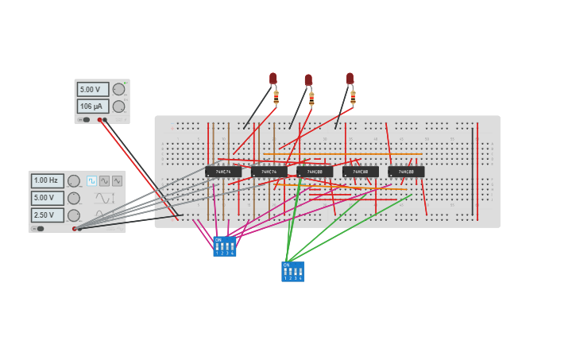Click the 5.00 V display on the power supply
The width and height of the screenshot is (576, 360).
click(x=92, y=90)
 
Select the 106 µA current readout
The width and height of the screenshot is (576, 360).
click(x=92, y=106)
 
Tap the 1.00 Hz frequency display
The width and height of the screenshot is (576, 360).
click(x=48, y=181)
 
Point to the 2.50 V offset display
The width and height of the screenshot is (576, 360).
click(x=48, y=215)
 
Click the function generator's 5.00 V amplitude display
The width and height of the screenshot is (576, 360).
click(x=48, y=198)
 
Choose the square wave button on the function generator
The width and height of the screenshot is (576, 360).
click(x=91, y=181)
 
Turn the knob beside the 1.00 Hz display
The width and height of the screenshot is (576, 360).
click(x=73, y=181)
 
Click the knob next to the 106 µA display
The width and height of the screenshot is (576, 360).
click(x=118, y=106)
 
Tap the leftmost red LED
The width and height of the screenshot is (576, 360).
click(x=273, y=78)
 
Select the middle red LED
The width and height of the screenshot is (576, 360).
click(x=308, y=79)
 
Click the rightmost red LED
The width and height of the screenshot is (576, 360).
click(x=350, y=78)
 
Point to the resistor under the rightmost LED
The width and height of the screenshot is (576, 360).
click(x=353, y=98)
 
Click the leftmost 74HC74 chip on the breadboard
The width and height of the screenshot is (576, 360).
click(x=223, y=172)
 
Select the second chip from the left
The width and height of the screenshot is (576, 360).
click(x=269, y=172)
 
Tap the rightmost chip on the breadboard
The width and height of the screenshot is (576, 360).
click(x=406, y=172)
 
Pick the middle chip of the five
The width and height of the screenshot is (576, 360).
click(x=315, y=172)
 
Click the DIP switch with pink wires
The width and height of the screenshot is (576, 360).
click(x=225, y=246)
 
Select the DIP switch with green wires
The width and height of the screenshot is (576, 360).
click(x=292, y=272)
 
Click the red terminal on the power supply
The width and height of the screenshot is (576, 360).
click(x=99, y=120)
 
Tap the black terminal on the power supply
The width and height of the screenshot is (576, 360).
click(x=105, y=120)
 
